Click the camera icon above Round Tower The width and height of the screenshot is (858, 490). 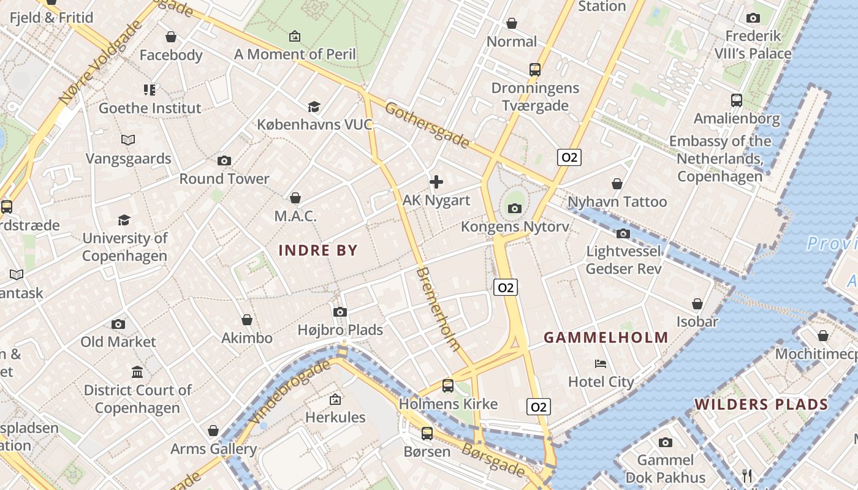click(x=224, y=161)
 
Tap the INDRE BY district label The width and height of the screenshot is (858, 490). click(x=318, y=250)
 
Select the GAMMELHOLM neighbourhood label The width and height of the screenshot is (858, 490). click(x=606, y=337)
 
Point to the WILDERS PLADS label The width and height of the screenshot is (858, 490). click(x=761, y=404)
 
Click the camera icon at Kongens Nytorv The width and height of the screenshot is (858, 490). click(x=515, y=209)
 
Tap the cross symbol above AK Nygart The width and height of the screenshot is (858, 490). click(x=436, y=182)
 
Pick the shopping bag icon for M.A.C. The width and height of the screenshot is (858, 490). click(x=295, y=198)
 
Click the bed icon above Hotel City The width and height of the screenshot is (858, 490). click(x=601, y=364)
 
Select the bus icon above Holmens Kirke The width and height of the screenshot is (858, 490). click(x=448, y=386)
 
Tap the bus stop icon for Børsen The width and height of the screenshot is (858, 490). click(x=427, y=434)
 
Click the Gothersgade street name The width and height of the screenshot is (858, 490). click(x=427, y=126)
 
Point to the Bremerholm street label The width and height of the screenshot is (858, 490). click(x=438, y=309)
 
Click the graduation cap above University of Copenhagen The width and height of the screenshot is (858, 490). click(x=124, y=220)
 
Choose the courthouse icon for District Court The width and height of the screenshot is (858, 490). click(x=137, y=372)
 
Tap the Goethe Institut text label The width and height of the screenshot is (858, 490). click(x=150, y=108)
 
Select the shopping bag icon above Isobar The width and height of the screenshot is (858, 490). click(x=697, y=304)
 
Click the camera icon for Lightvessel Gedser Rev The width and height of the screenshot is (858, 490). click(x=623, y=233)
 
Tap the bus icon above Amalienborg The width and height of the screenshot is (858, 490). click(x=737, y=100)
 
